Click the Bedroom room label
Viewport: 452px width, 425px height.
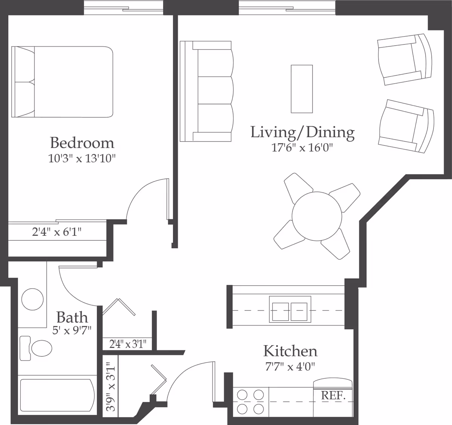[x=82, y=143]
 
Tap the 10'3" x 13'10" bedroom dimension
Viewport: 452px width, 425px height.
[x=81, y=159]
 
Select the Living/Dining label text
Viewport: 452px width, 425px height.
[x=302, y=132]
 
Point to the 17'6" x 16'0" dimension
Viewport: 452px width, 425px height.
[x=303, y=148]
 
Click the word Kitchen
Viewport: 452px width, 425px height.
[x=290, y=351]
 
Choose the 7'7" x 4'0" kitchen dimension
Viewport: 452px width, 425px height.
[x=290, y=366]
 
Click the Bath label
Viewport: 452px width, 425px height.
[x=72, y=318]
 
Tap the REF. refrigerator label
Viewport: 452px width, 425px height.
[x=333, y=396]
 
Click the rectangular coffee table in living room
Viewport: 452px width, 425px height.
[x=302, y=89]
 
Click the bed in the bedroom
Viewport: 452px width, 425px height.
[x=63, y=82]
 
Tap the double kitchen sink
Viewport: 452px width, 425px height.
[x=290, y=309]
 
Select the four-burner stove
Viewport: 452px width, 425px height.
[x=250, y=401]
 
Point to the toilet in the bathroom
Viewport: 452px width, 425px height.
[x=38, y=348]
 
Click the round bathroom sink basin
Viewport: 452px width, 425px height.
[x=32, y=300]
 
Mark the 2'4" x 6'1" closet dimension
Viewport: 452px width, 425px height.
[x=56, y=232]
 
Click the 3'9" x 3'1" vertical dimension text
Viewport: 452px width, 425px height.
[x=110, y=387]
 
